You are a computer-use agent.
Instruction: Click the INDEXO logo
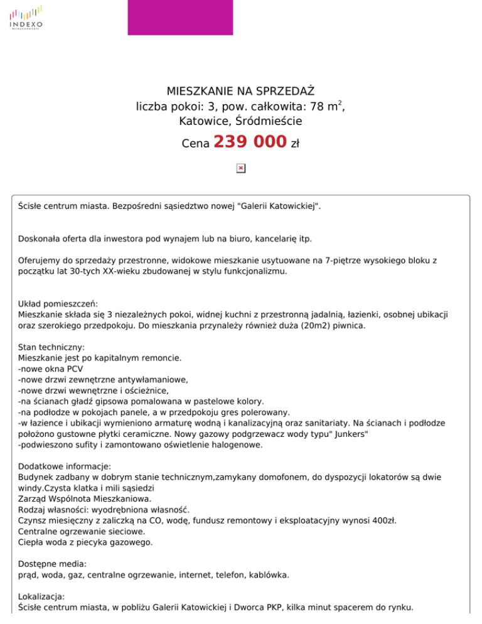coord(26,18)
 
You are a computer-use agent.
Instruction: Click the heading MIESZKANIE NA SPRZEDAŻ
coord(240,92)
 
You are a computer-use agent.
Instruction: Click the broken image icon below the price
coord(240,168)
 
